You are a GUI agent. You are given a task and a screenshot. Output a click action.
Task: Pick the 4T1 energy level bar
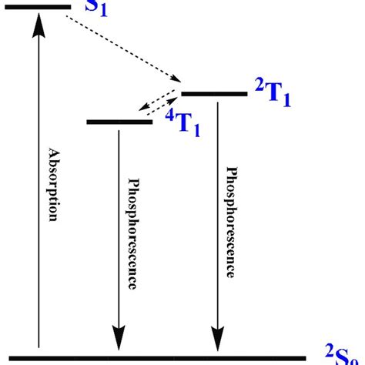pos(119,122)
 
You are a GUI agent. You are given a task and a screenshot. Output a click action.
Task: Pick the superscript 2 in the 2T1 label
pos(258,82)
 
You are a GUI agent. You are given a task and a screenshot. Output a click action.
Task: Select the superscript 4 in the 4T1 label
pos(170,115)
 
